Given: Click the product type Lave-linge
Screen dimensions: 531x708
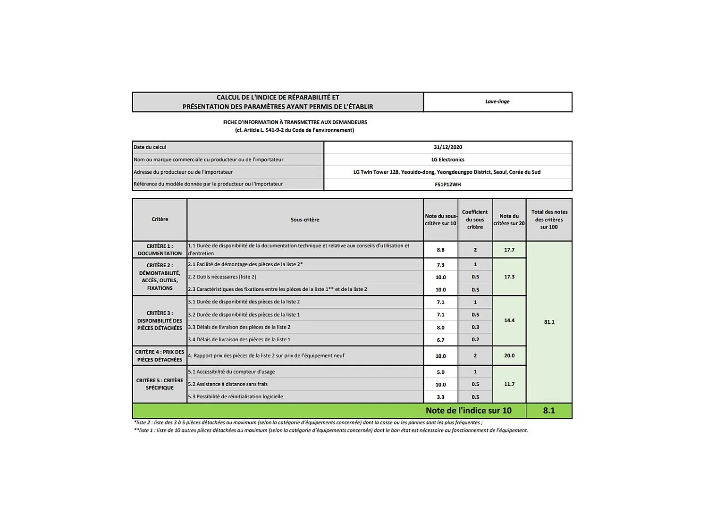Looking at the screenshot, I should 497,101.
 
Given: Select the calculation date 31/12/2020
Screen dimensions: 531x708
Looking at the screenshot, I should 447,147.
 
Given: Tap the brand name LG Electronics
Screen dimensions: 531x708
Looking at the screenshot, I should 447,160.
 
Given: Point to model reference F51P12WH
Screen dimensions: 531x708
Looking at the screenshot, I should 447,185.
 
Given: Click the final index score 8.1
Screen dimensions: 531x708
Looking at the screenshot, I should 549,411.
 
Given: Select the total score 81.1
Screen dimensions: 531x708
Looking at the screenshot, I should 549,322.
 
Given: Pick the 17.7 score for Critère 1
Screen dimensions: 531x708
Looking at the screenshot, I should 509,250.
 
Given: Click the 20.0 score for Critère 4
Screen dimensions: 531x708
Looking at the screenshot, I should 509,356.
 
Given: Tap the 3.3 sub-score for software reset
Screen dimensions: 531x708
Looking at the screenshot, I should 440,397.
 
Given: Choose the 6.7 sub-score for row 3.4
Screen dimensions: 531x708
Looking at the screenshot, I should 440,340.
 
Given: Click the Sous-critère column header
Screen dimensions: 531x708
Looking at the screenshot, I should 305,219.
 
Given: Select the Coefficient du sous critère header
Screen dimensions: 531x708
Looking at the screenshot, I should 475,219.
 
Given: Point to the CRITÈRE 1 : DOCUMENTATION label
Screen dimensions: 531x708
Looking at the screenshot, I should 160,250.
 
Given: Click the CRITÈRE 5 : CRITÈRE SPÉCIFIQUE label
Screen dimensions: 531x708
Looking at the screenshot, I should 160,384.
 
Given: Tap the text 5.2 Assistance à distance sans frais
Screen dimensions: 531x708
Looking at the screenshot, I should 228,384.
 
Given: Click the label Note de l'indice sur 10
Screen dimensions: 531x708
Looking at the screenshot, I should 468,411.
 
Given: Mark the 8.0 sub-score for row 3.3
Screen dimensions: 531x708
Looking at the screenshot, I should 440,328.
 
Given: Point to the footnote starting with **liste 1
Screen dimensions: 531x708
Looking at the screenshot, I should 330,430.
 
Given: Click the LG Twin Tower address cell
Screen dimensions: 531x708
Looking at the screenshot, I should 447,172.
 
